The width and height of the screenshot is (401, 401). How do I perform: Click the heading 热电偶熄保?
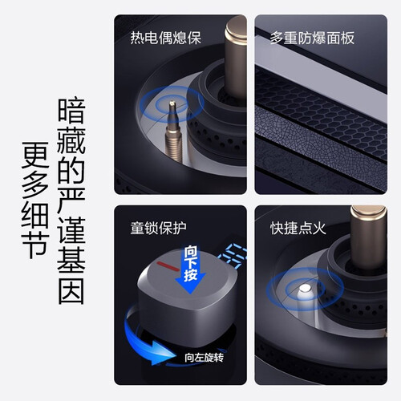pos(165,38)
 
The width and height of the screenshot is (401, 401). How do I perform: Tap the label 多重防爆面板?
pos(312,38)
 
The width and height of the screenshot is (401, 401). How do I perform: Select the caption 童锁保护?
pos(158,228)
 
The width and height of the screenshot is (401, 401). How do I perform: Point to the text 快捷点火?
pos(298,228)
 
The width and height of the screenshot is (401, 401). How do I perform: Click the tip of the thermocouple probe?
pos(172,102)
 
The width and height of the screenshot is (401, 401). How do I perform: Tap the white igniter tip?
pos(305,288)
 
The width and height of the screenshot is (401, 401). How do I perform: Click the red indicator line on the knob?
pos(168,266)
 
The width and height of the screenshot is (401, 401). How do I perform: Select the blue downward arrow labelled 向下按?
pos(190,270)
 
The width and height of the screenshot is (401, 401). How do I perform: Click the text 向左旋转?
pos(204,358)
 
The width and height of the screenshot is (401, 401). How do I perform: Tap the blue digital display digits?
pos(233,256)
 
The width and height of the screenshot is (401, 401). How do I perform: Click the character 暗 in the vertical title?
pos(71,111)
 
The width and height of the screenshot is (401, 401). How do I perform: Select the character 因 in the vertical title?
pos(71,291)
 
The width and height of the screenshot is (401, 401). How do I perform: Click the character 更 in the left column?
pos(35,156)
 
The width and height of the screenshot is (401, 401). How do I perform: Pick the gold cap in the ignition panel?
pos(369,215)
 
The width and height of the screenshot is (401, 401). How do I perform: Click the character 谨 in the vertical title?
pos(71,230)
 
